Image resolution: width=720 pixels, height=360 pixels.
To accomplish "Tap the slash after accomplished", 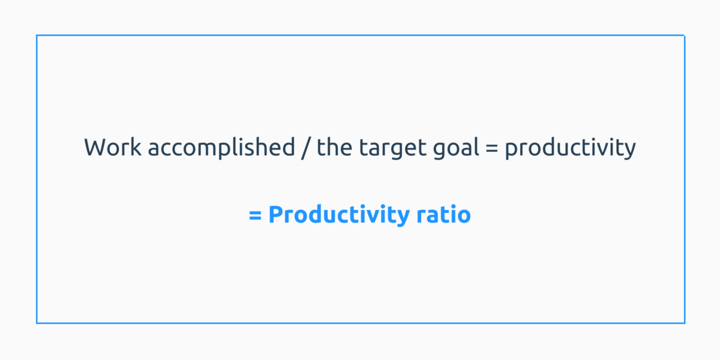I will [x=306, y=148].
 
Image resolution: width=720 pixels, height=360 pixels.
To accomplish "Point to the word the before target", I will [x=332, y=148].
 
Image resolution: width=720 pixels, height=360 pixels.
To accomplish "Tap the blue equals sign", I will [x=255, y=215].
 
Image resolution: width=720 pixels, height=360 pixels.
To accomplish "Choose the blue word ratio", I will [x=443, y=214].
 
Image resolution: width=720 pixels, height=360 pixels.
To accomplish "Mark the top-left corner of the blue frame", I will [x=37, y=35].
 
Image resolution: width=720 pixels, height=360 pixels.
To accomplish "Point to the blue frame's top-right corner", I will [x=685, y=35].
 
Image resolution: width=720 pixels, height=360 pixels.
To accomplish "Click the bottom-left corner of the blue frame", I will [x=37, y=323].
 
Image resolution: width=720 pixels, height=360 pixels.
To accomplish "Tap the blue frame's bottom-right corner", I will [x=685, y=323].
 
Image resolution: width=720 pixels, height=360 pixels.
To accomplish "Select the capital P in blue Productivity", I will [x=276, y=214].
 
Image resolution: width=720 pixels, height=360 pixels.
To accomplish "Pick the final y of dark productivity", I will [x=629, y=150].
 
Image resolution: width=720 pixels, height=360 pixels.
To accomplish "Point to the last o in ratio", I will [x=463, y=215].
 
